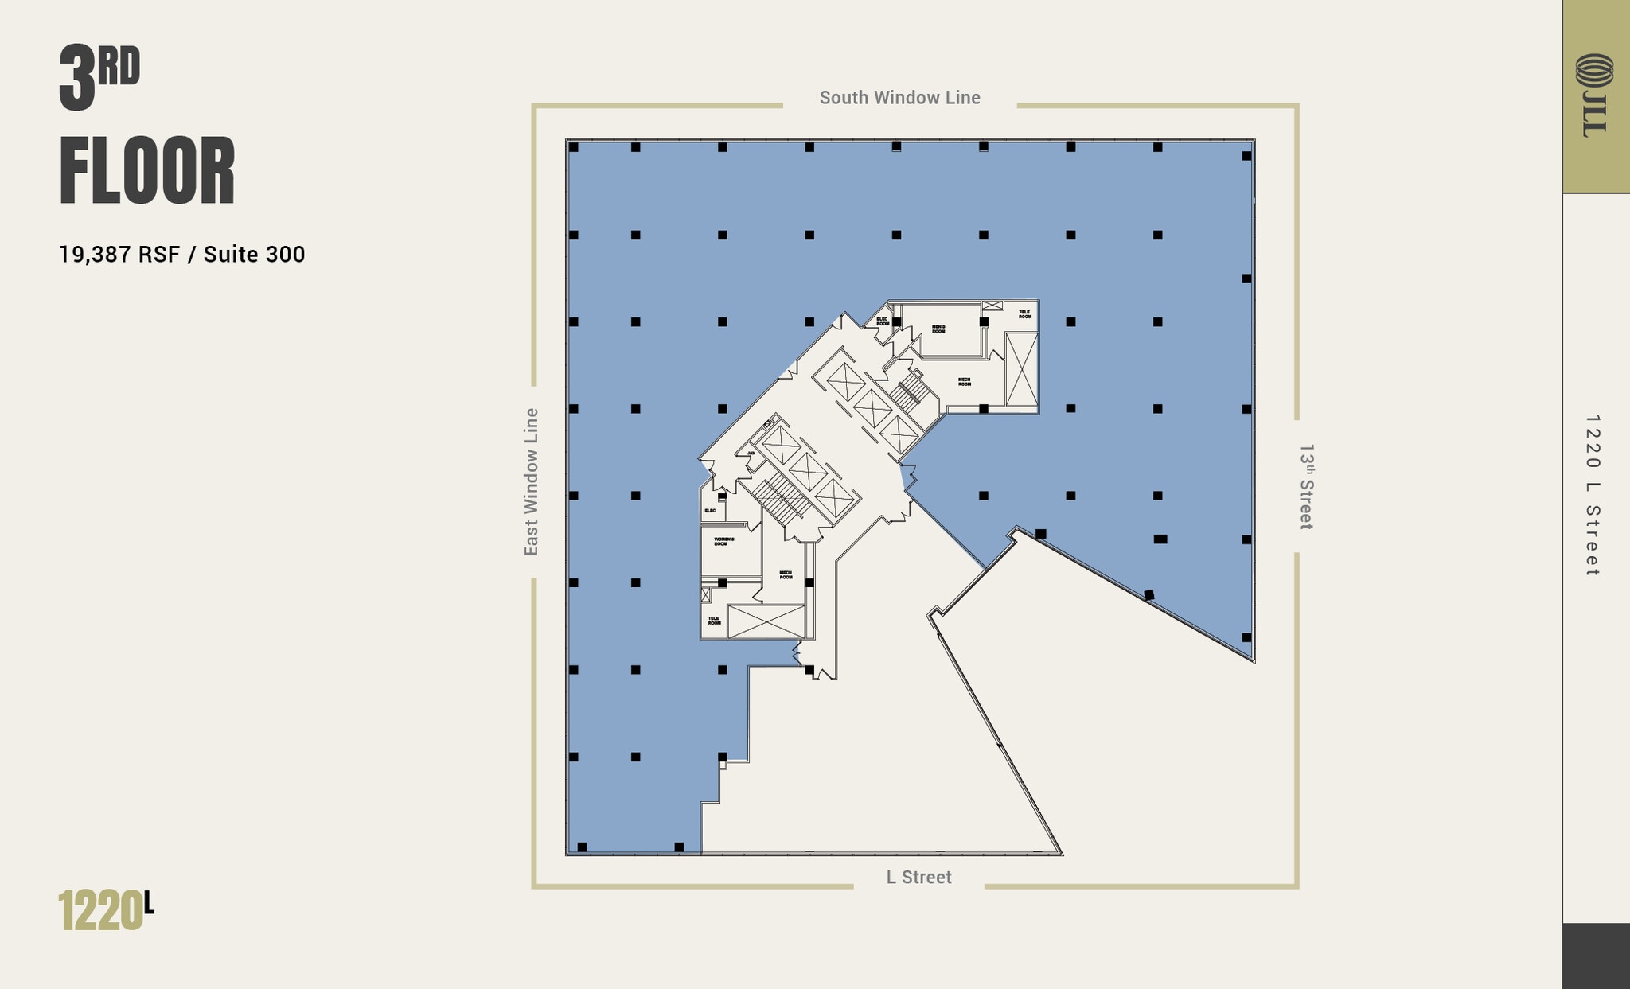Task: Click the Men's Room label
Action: [938, 329]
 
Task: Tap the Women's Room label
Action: [723, 541]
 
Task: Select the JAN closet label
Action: [751, 453]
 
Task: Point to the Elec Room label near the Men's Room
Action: [883, 321]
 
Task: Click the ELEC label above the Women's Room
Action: [710, 510]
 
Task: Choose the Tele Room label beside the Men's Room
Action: [1024, 314]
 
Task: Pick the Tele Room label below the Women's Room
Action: [714, 620]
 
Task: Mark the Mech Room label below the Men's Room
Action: [964, 382]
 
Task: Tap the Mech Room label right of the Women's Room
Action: [786, 574]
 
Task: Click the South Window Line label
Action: [899, 98]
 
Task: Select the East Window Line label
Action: [531, 481]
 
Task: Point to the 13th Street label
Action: [1306, 486]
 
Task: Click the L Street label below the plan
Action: [918, 877]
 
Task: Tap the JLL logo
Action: [1594, 95]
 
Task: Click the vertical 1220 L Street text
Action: [1592, 495]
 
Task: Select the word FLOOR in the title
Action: [147, 172]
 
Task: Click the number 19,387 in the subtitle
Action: [96, 255]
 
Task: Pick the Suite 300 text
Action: [254, 255]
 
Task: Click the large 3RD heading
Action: [99, 77]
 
